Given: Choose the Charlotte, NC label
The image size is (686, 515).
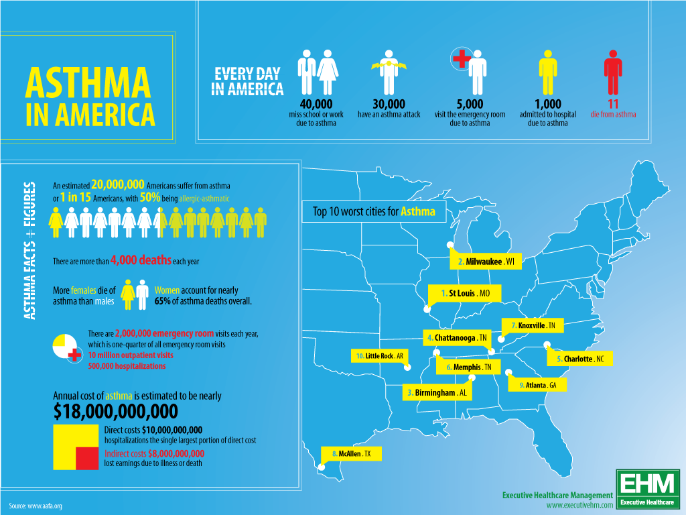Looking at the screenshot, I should coord(580,359).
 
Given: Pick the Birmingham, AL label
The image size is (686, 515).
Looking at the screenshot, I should coord(437,392).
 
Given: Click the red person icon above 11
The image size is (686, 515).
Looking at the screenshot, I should coord(613,72).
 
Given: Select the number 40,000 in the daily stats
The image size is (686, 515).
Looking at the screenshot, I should coord(316,104).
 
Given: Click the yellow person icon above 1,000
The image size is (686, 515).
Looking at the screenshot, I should coord(548,72).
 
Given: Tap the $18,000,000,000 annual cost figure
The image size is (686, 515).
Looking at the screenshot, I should coord(115,410).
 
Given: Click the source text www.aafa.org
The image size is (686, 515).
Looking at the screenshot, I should coord(36,506).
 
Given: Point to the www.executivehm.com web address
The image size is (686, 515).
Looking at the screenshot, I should coord(579,504).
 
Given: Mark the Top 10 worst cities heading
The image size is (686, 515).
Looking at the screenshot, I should coord(374,212).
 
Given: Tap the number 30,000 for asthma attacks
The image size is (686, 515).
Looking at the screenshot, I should coord(389,104).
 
